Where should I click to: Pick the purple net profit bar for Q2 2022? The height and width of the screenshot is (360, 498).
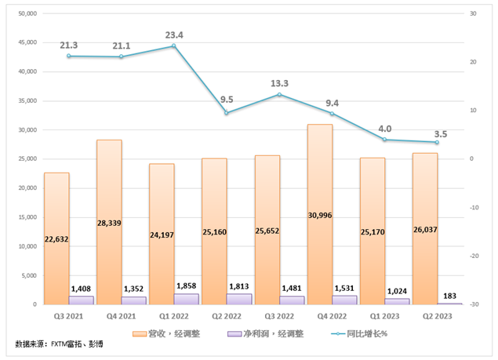point(239,299)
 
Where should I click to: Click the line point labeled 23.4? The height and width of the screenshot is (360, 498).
point(174,45)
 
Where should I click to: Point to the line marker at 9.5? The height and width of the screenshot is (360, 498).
point(227,113)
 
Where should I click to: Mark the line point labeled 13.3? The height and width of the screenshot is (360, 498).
point(279,95)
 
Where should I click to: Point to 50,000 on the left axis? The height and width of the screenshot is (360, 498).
point(28,13)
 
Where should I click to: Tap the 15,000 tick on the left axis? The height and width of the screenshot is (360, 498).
point(28,217)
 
